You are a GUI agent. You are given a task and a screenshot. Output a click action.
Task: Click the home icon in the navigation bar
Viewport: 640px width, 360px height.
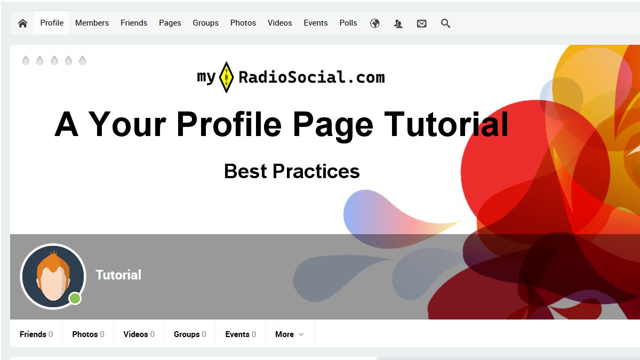coord(22,23)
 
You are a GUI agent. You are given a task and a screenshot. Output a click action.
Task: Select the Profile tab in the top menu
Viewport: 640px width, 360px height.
coord(52,23)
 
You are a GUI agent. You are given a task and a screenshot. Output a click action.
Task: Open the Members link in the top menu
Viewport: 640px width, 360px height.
coord(92,23)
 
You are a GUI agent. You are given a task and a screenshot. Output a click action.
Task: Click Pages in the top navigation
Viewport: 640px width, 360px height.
coord(170,23)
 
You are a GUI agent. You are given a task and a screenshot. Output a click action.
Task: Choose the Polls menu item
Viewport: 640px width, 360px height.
coord(348,23)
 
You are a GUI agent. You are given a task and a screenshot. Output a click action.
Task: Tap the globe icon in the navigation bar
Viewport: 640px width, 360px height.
coord(374,23)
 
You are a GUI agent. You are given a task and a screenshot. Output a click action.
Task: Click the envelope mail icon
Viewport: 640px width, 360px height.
coord(422,23)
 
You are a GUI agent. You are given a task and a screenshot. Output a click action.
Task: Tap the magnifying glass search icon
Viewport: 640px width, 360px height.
coord(445,23)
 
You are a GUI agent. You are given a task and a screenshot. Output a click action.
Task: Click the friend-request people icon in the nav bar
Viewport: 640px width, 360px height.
coord(398,23)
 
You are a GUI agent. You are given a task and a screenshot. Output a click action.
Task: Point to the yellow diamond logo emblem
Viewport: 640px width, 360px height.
coord(226,77)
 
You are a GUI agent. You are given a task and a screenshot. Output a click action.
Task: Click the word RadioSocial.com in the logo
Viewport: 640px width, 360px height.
coord(311,77)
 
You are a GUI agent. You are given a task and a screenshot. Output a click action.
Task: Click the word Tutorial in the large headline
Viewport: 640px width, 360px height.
coord(446,124)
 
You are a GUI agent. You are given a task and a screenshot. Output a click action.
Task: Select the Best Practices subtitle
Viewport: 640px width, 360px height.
coord(292,171)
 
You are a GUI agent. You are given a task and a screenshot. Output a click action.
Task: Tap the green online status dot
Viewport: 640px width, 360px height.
coord(75,299)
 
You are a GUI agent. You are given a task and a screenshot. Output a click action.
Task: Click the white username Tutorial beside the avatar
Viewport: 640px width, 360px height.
coord(118,275)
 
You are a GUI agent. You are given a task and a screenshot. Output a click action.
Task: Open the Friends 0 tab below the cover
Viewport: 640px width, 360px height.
coord(36,334)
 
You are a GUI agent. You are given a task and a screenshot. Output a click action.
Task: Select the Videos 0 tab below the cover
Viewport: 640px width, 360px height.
coord(139,334)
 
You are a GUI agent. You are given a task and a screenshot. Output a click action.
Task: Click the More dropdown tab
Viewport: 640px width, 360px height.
coord(289,334)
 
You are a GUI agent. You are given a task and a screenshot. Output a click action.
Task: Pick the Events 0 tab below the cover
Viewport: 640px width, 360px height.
coord(241,334)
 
